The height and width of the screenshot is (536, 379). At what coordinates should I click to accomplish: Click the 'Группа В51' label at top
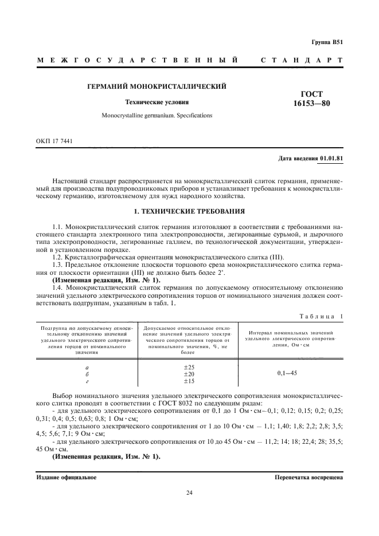(x=327, y=42)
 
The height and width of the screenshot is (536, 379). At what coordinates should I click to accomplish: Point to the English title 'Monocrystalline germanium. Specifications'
(x=157, y=115)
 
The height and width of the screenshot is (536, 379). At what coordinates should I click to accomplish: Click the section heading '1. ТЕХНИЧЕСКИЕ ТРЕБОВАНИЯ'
(x=189, y=211)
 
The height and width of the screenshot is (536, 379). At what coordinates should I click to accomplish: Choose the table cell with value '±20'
(x=189, y=373)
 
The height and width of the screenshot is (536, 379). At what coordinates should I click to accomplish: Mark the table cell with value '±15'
(x=189, y=380)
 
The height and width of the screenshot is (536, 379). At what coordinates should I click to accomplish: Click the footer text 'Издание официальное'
(x=67, y=477)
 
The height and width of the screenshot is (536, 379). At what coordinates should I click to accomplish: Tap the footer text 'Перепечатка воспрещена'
(x=308, y=477)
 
